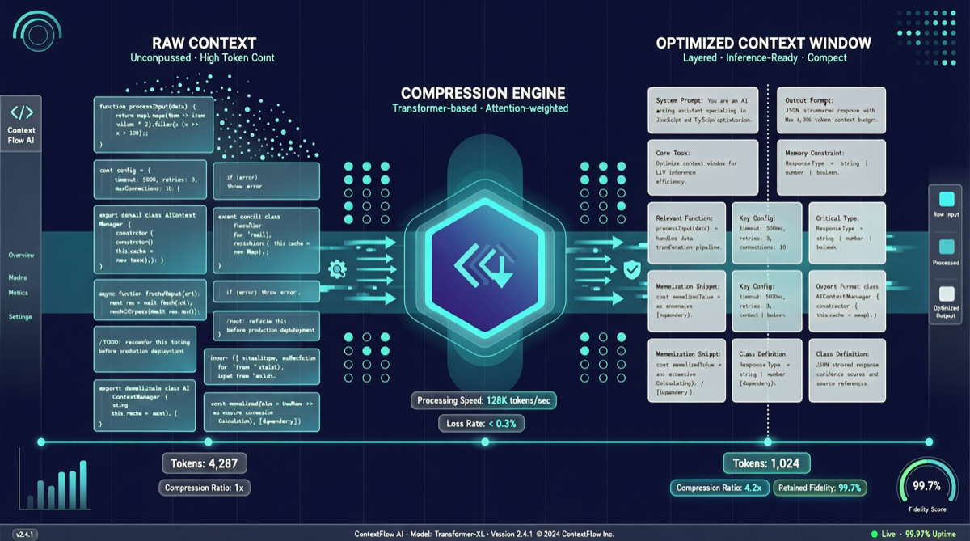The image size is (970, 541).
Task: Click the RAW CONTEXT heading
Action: click(205, 43)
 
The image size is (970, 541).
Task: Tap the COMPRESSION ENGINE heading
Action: click(483, 92)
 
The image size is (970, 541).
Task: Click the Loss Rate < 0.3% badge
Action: click(482, 423)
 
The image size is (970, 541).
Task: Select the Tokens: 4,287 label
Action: click(204, 464)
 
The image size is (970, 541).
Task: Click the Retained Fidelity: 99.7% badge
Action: click(821, 488)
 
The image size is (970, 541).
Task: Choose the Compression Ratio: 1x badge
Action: click(204, 488)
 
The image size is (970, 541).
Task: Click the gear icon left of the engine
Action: click(337, 269)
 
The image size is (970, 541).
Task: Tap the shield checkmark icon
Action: click(632, 270)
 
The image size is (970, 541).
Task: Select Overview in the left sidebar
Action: click(21, 256)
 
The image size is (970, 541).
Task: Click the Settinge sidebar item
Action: click(20, 317)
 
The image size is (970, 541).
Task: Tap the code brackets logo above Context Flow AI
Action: click(21, 112)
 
